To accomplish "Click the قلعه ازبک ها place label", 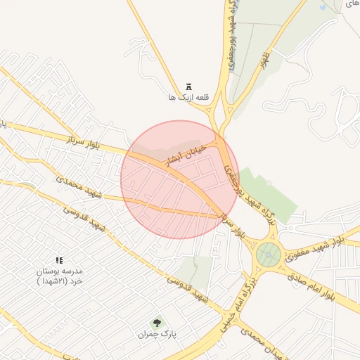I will (x=182, y=96).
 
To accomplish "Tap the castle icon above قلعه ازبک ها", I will (x=188, y=84).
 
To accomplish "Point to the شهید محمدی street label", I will (x=79, y=186).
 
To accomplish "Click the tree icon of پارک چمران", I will (x=155, y=323).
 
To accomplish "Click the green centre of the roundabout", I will (x=268, y=255).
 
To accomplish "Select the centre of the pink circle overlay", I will (x=179, y=179).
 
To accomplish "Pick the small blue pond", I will (x=323, y=7).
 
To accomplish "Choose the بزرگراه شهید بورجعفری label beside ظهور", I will (x=231, y=35).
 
